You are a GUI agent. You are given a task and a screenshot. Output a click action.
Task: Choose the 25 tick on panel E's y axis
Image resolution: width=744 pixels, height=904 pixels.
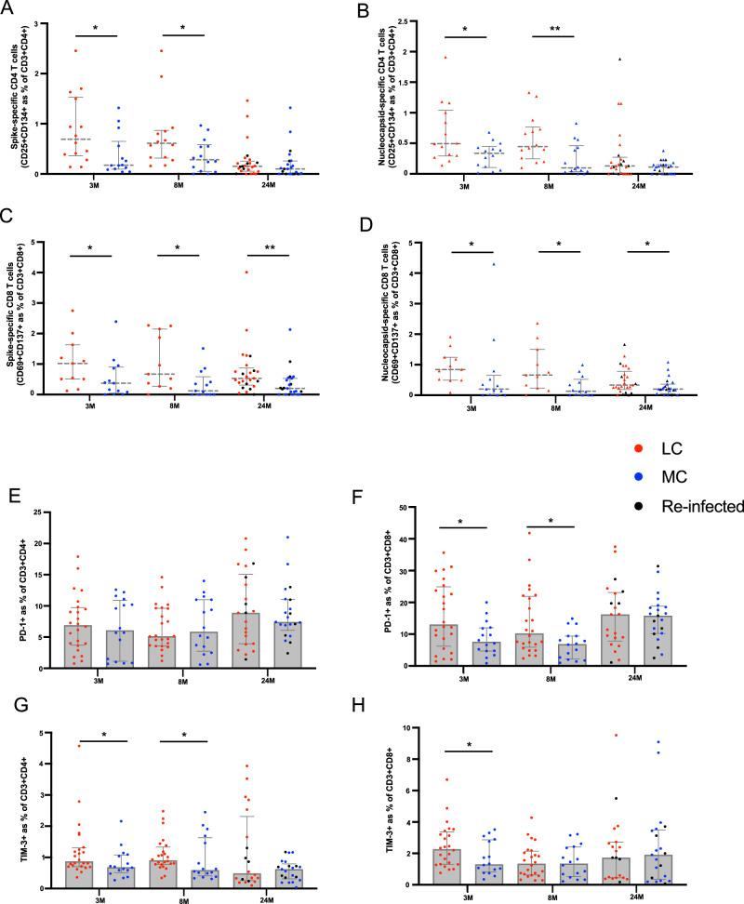pos(36,511)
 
